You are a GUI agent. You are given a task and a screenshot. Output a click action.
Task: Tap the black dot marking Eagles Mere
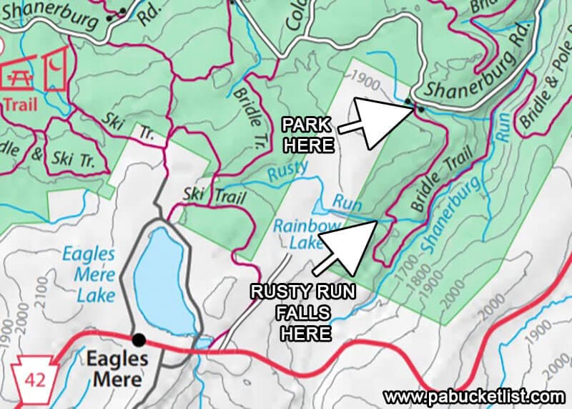click(x=138, y=339)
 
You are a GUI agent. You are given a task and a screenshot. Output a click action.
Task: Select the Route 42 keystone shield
click(x=28, y=374)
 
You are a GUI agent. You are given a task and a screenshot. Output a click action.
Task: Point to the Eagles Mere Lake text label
click(x=88, y=264)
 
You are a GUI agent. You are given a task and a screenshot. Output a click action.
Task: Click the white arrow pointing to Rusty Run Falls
click(x=345, y=248)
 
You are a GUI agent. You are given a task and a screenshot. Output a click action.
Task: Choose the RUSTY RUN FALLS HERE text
click(x=301, y=312)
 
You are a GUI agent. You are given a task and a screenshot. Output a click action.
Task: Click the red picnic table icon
click(x=21, y=74)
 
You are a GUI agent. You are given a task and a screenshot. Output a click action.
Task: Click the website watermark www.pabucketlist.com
click(x=473, y=396)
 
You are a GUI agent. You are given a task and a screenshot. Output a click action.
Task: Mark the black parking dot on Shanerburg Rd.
click(x=420, y=109)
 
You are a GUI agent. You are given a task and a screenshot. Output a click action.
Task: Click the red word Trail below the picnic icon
click(x=19, y=105)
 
